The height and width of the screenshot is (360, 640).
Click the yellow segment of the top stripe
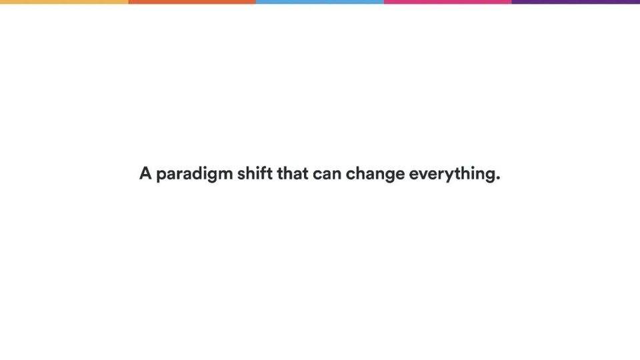[x=64, y=1]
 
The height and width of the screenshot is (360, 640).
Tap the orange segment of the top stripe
[x=192, y=1]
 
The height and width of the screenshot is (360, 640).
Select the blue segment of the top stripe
[x=320, y=1]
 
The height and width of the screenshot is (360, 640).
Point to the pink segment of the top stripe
[x=448, y=1]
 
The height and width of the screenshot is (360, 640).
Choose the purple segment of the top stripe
[x=576, y=1]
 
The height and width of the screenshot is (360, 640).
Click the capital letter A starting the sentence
[x=145, y=173]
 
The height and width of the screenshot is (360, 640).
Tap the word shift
[x=255, y=173]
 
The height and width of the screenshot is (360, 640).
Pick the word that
[x=293, y=173]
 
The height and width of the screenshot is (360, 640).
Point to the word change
[x=375, y=175]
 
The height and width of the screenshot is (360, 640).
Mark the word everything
[x=452, y=175]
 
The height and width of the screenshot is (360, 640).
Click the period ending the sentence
[x=497, y=178]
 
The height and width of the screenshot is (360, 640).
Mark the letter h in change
[x=363, y=173]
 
